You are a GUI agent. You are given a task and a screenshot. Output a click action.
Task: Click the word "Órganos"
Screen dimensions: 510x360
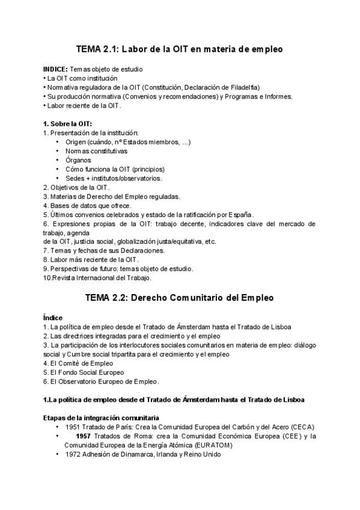tap(78, 161)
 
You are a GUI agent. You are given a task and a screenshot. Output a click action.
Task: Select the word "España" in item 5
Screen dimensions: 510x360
tap(239, 215)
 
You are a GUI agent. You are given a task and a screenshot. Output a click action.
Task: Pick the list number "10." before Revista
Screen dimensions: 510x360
tap(47, 278)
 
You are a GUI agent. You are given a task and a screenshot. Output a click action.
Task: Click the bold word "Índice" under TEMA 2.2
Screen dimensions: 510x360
tap(53, 318)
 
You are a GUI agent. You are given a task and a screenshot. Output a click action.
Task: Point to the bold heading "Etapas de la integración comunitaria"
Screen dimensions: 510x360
tap(101, 417)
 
